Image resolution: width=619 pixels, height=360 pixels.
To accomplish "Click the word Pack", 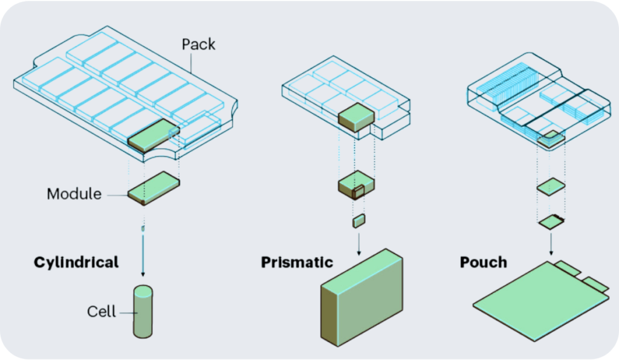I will click(198, 44).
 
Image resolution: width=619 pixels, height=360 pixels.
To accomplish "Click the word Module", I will click(74, 194).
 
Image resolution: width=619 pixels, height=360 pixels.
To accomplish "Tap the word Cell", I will click(101, 312).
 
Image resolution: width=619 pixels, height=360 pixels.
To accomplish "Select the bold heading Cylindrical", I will click(76, 262).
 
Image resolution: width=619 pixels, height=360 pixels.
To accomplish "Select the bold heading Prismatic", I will click(297, 262).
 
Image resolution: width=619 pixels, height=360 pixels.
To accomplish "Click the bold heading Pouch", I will click(483, 262).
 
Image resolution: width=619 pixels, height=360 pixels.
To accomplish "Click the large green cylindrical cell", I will click(143, 314).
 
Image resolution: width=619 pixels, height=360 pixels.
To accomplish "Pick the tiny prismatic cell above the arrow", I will click(358, 220).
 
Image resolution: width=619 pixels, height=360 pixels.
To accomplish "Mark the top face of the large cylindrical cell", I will click(143, 291).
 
